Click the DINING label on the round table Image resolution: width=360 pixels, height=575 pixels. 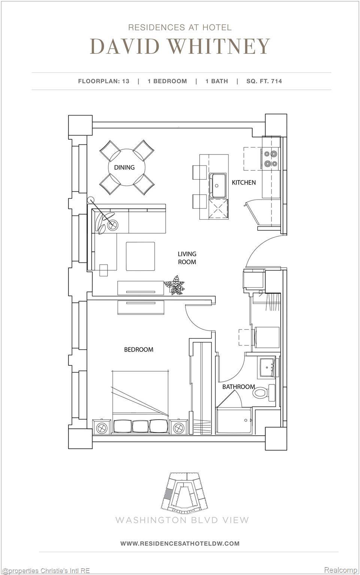tap(124, 167)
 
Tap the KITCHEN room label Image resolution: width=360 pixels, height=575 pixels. tap(244, 182)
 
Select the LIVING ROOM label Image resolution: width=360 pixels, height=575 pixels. tap(187, 258)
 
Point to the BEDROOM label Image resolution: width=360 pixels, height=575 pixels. tap(139, 349)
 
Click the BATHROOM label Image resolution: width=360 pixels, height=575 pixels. tap(238, 387)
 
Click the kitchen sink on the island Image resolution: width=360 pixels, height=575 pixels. tap(218, 185)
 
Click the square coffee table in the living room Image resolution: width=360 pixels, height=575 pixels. tap(140, 256)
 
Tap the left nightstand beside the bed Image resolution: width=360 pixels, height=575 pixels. tap(102, 427)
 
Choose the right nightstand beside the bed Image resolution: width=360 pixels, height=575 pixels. tap(178, 427)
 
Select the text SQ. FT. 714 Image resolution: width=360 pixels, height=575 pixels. tap(264, 81)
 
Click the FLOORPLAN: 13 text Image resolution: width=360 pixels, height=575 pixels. tap(104, 81)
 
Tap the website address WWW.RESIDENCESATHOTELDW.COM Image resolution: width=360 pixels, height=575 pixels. tap(180, 543)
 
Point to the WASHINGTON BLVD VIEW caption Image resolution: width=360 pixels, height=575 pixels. tap(182, 520)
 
